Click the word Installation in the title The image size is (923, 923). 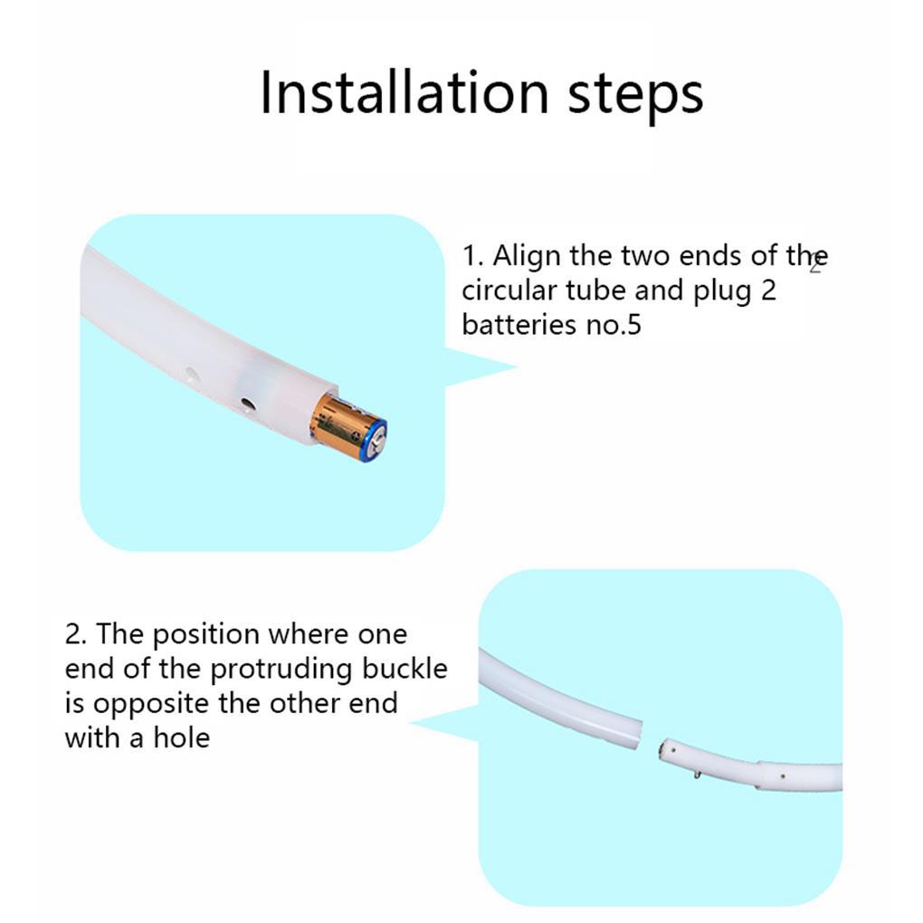click(x=404, y=93)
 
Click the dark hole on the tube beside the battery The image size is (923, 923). click(x=247, y=404)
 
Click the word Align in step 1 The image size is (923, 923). click(x=527, y=257)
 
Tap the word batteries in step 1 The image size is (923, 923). click(x=519, y=324)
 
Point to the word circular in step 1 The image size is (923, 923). click(x=509, y=290)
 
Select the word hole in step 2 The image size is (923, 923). click(x=181, y=737)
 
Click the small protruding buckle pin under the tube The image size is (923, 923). click(x=698, y=775)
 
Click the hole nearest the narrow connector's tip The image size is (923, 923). click(x=673, y=750)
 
